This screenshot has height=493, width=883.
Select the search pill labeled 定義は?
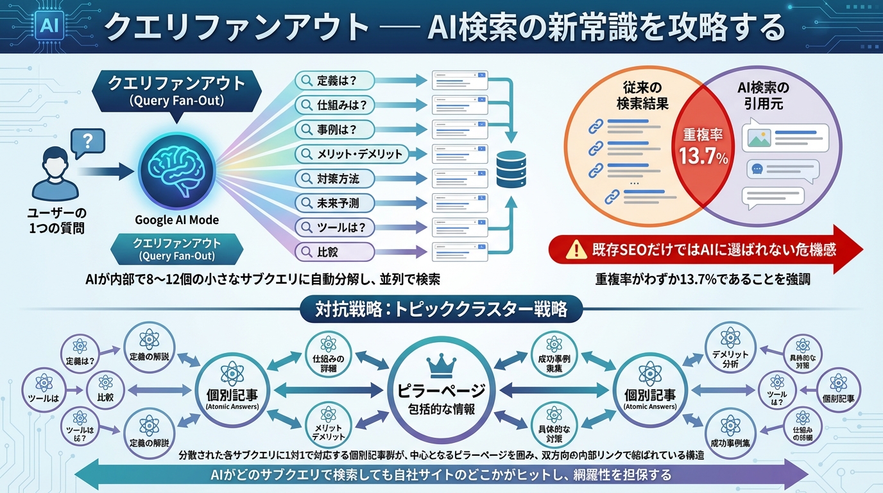click(x=334, y=81)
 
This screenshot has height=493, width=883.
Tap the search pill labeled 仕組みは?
click(x=334, y=105)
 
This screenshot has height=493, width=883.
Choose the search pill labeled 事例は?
click(x=334, y=130)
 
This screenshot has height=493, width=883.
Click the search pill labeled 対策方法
click(x=334, y=178)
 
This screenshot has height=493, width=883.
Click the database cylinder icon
click(x=511, y=168)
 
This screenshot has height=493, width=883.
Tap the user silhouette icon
click(x=55, y=174)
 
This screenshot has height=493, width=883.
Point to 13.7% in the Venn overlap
click(x=704, y=157)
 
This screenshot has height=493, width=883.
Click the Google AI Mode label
click(x=176, y=220)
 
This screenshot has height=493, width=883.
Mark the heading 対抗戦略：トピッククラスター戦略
click(x=441, y=309)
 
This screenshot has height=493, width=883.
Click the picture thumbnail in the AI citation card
click(x=757, y=137)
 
